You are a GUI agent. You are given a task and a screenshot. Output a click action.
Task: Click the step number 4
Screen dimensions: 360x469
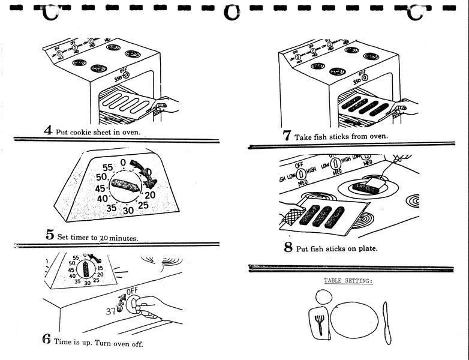pos(47,130)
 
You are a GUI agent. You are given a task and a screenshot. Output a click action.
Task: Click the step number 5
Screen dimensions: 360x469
pos(50,235)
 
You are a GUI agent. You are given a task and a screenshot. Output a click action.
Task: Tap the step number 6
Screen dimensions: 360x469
pos(46,339)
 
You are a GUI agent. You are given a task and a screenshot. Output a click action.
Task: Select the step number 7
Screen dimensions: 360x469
pos(287,135)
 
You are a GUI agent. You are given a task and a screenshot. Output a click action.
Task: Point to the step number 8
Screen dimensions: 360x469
pos(288,247)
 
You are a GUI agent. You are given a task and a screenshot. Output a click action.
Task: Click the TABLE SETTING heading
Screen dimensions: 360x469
pos(348,280)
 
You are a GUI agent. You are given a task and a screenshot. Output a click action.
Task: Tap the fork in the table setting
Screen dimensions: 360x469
pos(320,325)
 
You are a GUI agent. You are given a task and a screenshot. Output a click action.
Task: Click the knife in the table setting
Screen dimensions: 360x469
pos(386,322)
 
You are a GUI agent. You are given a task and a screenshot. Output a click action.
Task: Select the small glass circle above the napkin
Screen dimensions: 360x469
pos(323,297)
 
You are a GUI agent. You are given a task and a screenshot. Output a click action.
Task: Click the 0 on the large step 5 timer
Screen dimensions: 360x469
pos(123,162)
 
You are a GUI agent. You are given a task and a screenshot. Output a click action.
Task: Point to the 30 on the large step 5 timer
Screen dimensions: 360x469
pos(128,211)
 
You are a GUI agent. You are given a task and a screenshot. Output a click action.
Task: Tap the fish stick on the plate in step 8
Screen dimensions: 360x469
pos(363,187)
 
